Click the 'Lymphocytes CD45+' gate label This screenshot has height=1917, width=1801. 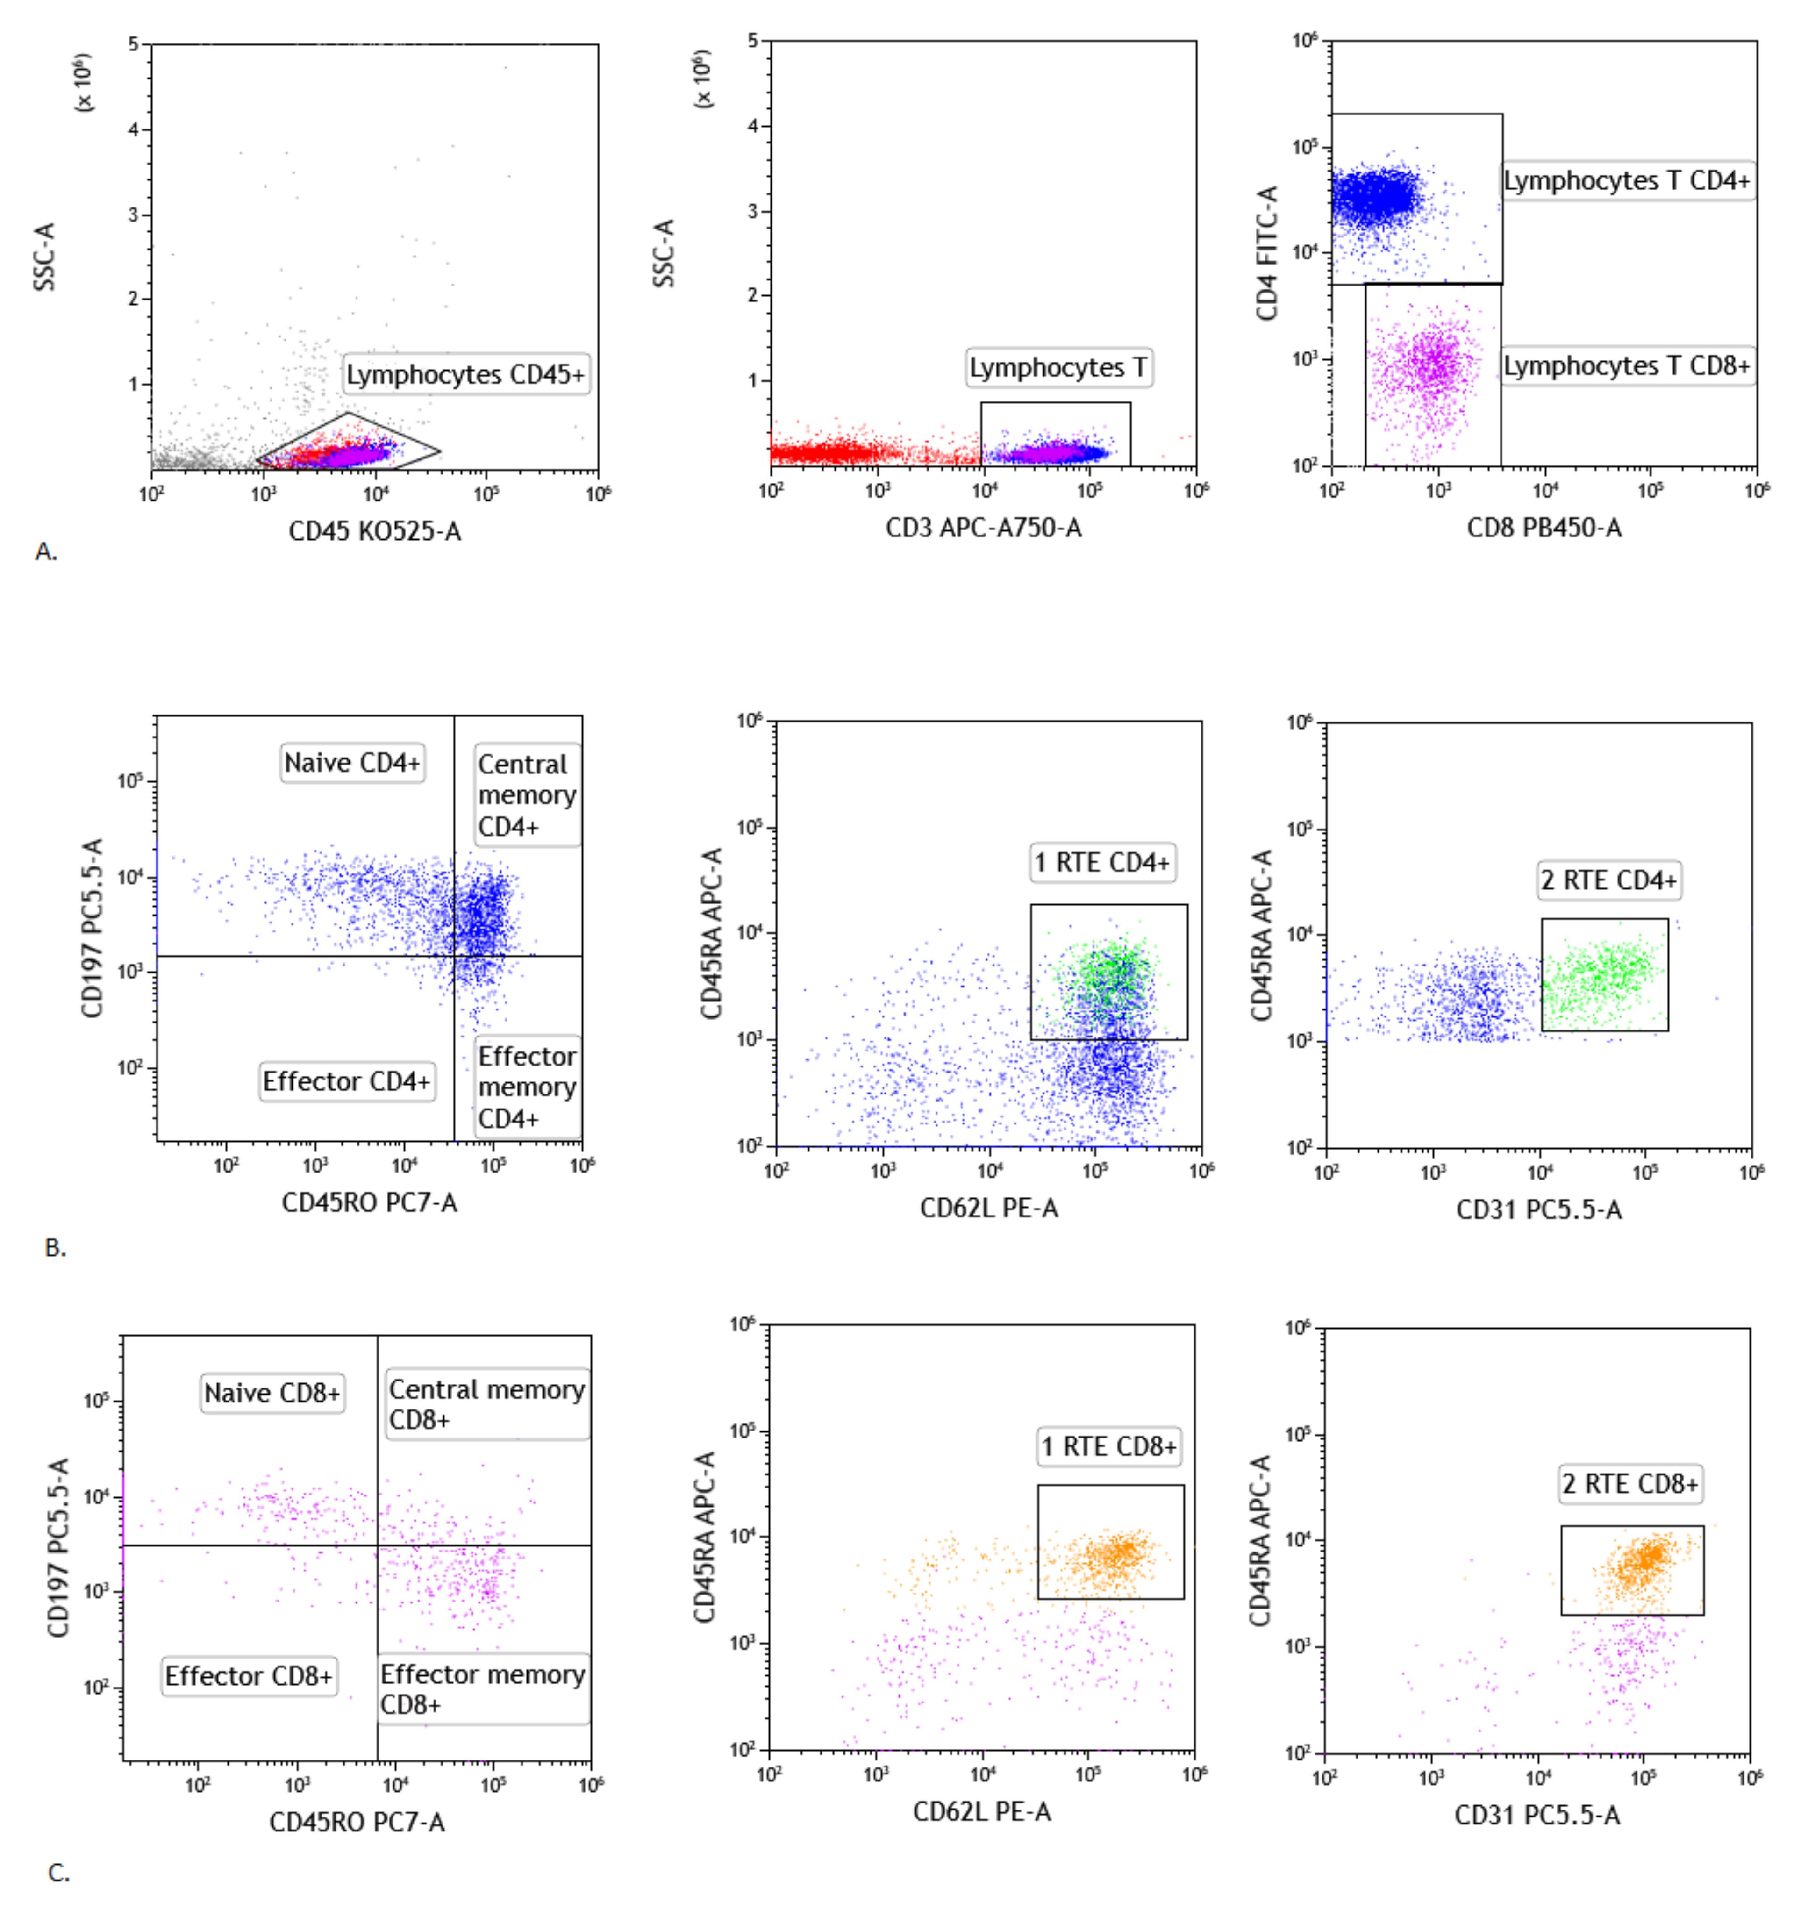point(466,374)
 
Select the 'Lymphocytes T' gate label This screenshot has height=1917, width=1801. point(1058,367)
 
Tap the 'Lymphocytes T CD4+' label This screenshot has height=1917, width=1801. point(1627,180)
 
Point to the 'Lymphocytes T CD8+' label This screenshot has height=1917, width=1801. point(1627,365)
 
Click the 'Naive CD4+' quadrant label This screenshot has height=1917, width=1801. point(352,763)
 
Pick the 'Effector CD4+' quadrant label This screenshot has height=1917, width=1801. point(346,1081)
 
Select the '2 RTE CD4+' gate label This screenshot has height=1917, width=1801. point(1608,880)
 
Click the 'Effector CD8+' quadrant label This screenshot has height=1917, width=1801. point(249,1676)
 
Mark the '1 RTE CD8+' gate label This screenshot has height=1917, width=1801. point(1109,1446)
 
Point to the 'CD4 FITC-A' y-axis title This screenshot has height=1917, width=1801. point(1266,253)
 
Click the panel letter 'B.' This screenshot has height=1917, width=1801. point(55,1248)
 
